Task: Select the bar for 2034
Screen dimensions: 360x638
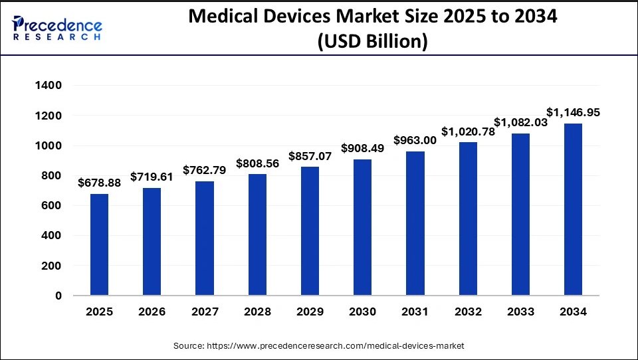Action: (573, 209)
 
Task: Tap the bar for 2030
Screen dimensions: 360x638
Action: (362, 227)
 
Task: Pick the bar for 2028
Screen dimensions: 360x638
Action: (257, 234)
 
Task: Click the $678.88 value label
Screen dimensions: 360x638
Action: (99, 183)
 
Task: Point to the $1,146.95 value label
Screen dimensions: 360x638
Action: (573, 112)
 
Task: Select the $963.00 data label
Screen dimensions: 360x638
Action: (415, 140)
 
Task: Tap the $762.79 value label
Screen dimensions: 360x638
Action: (205, 170)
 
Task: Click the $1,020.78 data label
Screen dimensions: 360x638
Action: (468, 131)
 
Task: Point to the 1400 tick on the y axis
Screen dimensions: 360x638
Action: (48, 86)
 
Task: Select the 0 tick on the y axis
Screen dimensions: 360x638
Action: (58, 296)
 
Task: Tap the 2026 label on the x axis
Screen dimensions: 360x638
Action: (152, 312)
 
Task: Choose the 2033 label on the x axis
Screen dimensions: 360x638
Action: (520, 312)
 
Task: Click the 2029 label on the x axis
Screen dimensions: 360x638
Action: (310, 312)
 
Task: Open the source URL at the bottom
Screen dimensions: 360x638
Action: (319, 346)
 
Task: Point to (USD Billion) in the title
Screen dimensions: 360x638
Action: (373, 41)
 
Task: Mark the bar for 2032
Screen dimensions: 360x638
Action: (468, 219)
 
